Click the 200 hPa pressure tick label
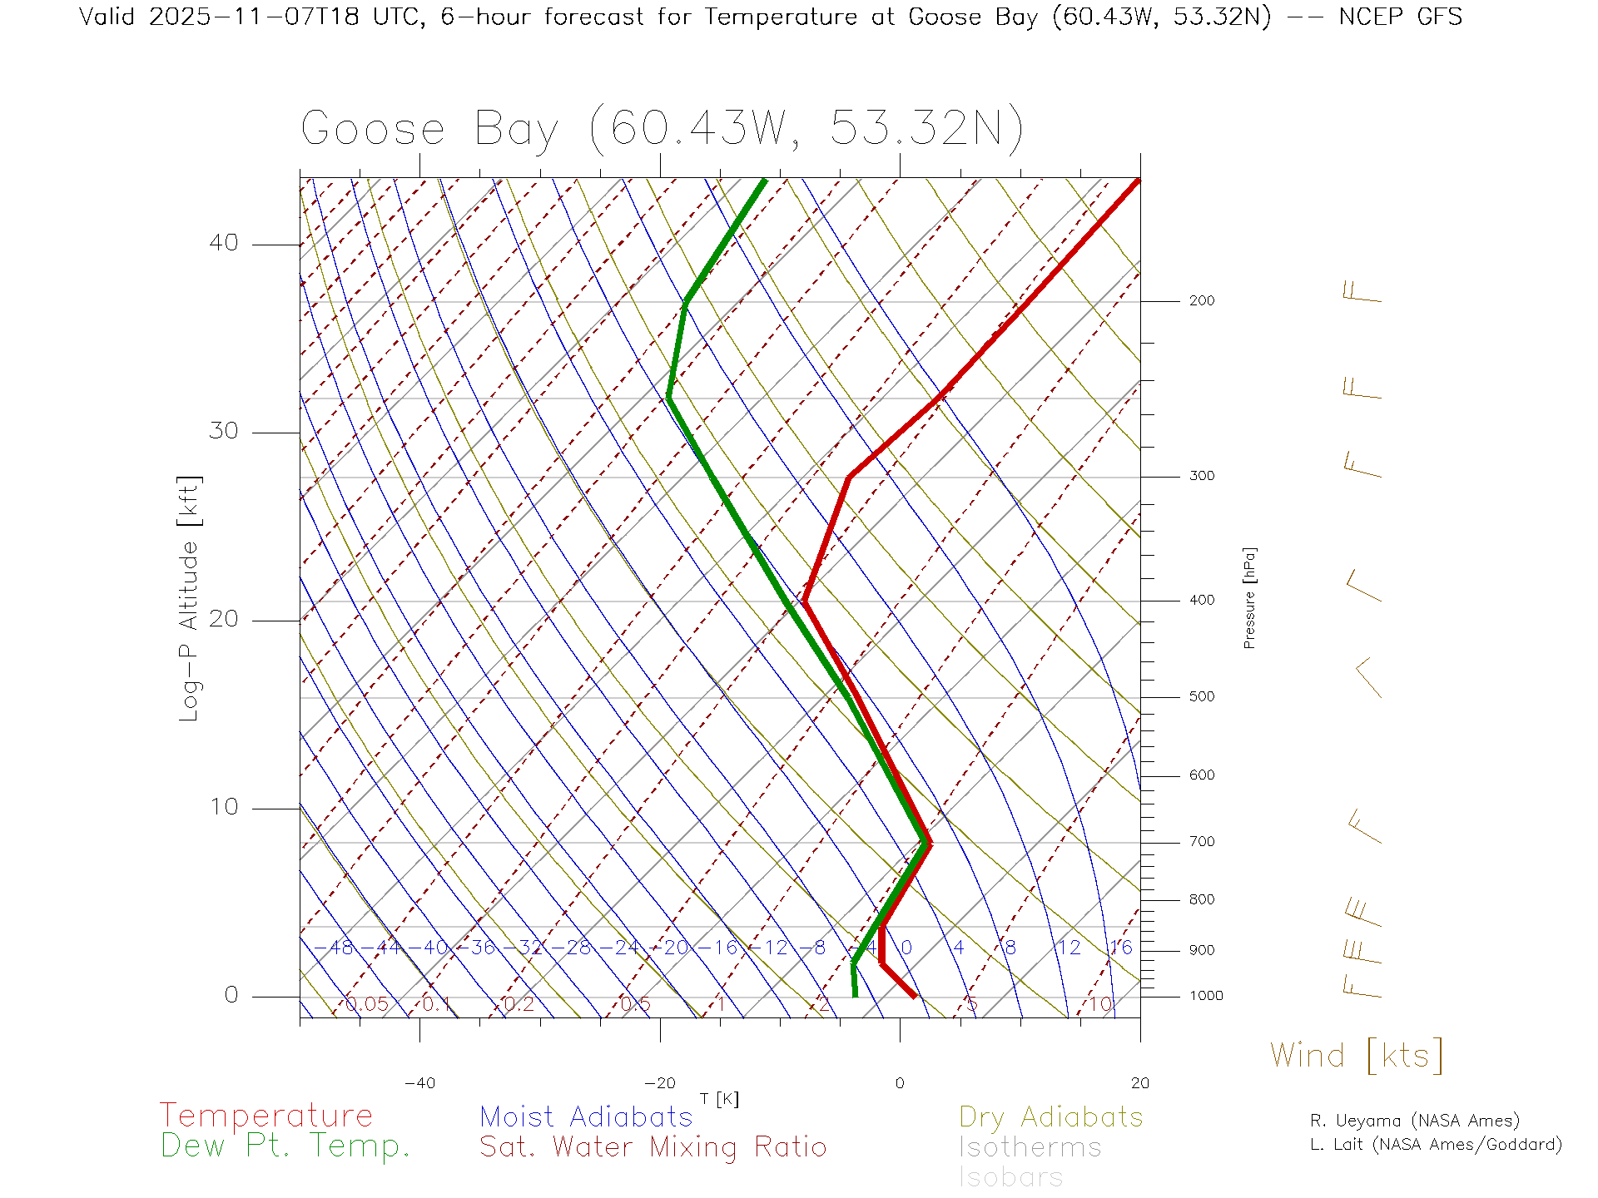1201,301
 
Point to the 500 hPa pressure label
1201,697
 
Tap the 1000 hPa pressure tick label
1205,996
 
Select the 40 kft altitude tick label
223,243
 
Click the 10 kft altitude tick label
223,807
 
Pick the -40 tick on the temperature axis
419,1083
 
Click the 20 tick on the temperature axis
1139,1083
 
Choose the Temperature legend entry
266,1116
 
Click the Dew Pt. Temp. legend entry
285,1146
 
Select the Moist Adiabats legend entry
586,1116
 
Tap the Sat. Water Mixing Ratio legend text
653,1147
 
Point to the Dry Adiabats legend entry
1050,1116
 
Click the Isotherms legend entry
1030,1147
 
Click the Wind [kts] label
1357,1056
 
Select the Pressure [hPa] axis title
1249,597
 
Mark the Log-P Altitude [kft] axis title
190,599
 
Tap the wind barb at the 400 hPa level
1363,586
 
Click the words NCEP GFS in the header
1400,17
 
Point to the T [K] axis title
719,1099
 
